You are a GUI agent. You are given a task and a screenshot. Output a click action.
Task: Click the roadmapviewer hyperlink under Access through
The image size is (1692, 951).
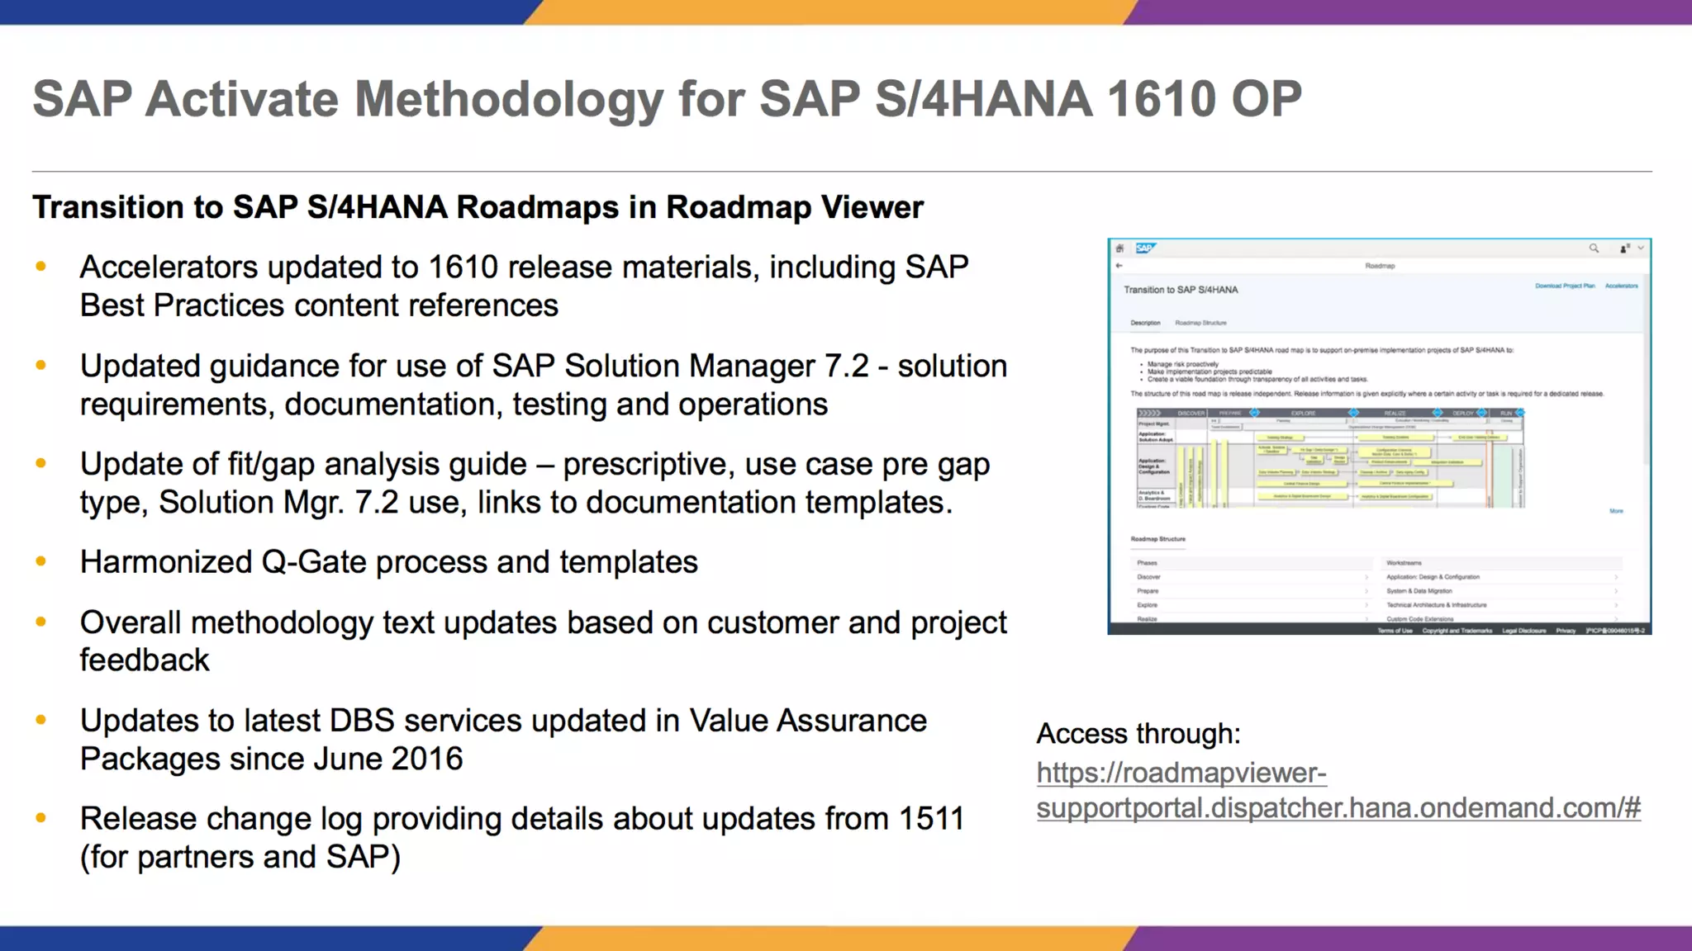[x=1338, y=790]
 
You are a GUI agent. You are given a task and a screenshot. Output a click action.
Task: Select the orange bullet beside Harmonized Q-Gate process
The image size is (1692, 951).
[x=40, y=562]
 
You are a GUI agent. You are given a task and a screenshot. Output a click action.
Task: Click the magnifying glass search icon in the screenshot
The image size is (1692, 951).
[x=1594, y=248]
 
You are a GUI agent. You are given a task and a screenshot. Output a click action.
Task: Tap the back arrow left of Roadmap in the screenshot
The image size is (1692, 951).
[x=1119, y=266]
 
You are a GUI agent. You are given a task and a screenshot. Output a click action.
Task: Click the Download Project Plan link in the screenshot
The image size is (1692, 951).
[x=1565, y=286]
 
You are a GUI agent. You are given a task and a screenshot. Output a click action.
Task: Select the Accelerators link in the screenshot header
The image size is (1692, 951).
[x=1621, y=286]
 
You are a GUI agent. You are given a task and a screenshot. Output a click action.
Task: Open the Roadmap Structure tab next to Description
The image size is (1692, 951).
[x=1200, y=323]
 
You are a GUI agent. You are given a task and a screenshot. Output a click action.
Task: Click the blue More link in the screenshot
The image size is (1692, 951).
[x=1616, y=511]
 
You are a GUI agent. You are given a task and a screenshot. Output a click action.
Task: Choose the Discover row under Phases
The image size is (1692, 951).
[x=1149, y=577]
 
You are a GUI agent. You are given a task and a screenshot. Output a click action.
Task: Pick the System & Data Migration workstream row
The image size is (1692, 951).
[x=1419, y=591]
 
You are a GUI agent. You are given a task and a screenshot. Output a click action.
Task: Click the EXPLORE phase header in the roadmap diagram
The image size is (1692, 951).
[x=1303, y=413]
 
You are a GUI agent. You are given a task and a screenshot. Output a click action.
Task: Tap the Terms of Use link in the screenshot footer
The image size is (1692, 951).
[x=1395, y=631]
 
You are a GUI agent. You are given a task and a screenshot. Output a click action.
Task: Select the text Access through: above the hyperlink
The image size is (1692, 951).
[x=1138, y=733]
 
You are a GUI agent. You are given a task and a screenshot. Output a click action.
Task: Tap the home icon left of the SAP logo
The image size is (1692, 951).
[x=1120, y=248]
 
